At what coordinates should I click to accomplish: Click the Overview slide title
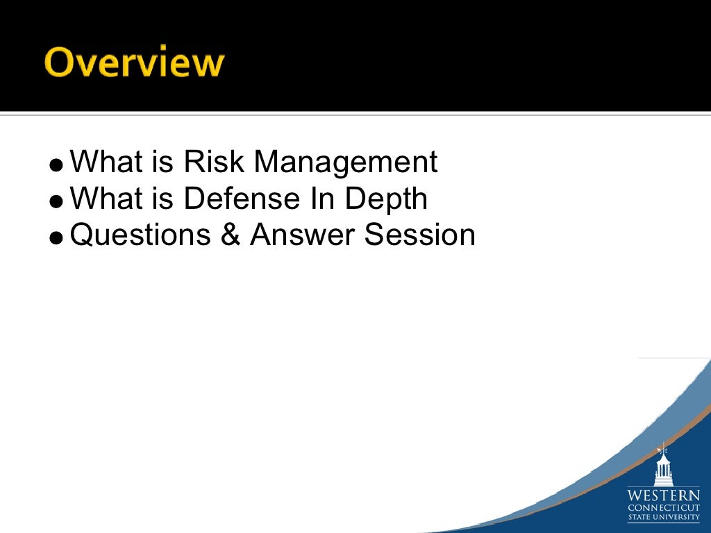click(135, 63)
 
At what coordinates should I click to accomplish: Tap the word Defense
click(231, 199)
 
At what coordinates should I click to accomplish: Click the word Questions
click(141, 235)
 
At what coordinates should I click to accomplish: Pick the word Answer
click(304, 235)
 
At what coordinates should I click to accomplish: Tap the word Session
click(420, 235)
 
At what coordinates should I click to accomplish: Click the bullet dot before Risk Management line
click(57, 166)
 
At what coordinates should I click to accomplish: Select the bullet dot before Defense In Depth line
click(57, 202)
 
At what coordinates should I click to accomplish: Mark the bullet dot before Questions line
click(57, 238)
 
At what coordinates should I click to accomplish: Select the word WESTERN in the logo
click(664, 496)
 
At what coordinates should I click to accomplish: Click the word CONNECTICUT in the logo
click(664, 508)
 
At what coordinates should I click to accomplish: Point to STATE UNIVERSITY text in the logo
click(664, 518)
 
